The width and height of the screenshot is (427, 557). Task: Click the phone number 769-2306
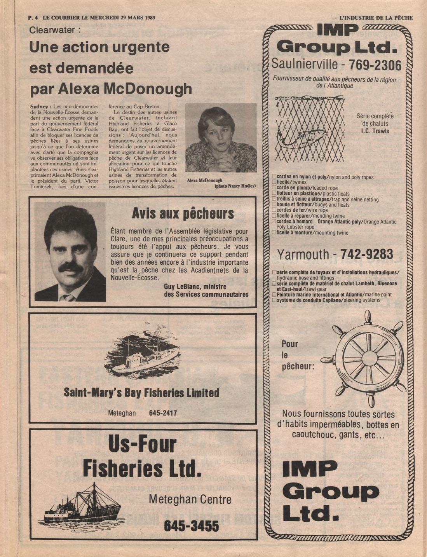(x=375, y=64)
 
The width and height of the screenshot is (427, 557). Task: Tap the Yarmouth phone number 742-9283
(x=366, y=254)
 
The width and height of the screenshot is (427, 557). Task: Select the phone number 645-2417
(x=163, y=413)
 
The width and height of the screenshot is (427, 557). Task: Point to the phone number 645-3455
(x=191, y=526)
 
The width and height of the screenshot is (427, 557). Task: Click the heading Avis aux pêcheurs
(x=183, y=213)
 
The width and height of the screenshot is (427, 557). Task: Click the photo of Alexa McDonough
(x=221, y=138)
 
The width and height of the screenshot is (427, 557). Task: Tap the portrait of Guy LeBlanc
(x=70, y=252)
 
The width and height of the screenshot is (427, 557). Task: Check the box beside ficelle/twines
(x=274, y=182)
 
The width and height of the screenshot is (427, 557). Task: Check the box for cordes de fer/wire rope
(x=274, y=210)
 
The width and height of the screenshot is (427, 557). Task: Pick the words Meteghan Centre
(x=190, y=499)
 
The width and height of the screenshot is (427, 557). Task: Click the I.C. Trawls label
(x=375, y=131)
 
